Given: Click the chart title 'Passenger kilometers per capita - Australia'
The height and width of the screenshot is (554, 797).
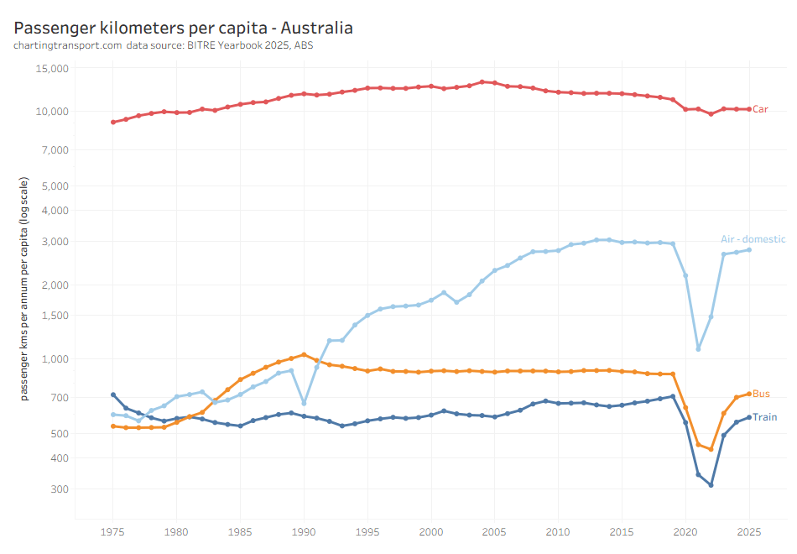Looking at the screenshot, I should [183, 28].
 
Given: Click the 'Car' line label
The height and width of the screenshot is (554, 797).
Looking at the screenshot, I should [760, 109].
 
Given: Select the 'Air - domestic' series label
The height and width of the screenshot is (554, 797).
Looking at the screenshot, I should [753, 239].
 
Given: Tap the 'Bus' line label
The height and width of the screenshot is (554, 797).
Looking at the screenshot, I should [761, 394].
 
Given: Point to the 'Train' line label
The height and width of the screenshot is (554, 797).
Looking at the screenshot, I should [764, 417].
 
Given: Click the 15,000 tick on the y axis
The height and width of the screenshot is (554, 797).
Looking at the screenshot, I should [51, 69].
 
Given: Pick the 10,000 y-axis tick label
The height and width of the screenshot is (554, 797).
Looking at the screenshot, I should [51, 112].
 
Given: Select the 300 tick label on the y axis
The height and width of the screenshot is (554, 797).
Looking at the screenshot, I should [59, 489].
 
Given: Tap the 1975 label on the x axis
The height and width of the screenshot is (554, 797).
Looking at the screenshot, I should [112, 531].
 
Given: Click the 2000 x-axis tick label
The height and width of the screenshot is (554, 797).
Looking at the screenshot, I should [431, 531].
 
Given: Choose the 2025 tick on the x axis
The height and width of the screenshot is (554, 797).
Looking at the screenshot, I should [749, 531].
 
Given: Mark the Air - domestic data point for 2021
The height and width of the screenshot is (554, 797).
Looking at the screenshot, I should [698, 348].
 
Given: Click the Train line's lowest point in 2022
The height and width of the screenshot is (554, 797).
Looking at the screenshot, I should [711, 485].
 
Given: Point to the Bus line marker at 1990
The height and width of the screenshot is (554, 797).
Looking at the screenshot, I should [304, 354].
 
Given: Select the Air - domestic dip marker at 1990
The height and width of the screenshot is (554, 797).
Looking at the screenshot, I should [304, 404].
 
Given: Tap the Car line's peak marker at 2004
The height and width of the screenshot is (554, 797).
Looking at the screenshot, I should [482, 82].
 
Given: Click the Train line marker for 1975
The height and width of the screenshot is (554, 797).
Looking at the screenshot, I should [113, 395].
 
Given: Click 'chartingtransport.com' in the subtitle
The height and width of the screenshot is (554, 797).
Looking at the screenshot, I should [68, 45].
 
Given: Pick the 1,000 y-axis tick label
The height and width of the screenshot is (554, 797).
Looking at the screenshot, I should [55, 359].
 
